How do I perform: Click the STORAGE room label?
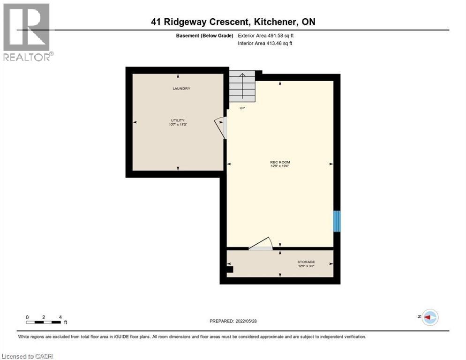306,262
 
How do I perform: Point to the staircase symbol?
242,86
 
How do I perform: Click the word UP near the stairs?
242,108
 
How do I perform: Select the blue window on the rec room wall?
336,221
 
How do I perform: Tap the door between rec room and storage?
261,244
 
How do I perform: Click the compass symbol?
429,317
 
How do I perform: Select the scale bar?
44,322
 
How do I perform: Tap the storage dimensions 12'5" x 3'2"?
306,266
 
